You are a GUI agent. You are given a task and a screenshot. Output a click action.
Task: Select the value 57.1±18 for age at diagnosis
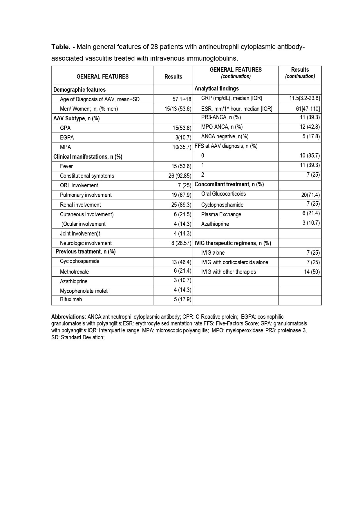pyautogui.click(x=182, y=99)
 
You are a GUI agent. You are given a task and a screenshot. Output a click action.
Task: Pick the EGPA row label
pyautogui.click(x=67, y=137)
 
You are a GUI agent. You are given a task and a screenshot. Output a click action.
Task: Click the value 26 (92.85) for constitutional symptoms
pyautogui.click(x=180, y=176)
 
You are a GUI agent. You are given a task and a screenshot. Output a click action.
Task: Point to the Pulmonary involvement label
pyautogui.click(x=86, y=195)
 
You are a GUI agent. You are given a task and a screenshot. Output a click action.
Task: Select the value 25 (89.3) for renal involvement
pyautogui.click(x=181, y=205)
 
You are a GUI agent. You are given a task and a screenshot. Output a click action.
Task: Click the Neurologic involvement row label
pyautogui.click(x=86, y=243)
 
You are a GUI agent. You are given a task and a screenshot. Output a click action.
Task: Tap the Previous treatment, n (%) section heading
pyautogui.click(x=86, y=251)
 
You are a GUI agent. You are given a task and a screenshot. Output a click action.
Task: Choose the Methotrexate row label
pyautogui.click(x=74, y=272)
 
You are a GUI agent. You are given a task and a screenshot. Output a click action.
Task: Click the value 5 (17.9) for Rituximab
pyautogui.click(x=182, y=299)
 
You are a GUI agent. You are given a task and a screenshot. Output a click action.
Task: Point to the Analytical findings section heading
pyautogui.click(x=217, y=88)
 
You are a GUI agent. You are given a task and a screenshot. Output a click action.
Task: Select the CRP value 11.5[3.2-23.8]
pyautogui.click(x=304, y=98)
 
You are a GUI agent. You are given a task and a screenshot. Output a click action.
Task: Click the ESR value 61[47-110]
pyautogui.click(x=306, y=109)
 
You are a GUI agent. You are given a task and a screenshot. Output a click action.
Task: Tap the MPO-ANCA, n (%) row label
pyautogui.click(x=222, y=127)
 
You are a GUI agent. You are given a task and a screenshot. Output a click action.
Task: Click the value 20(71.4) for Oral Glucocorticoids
pyautogui.click(x=310, y=195)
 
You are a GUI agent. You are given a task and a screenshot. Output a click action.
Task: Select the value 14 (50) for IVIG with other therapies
pyautogui.click(x=312, y=272)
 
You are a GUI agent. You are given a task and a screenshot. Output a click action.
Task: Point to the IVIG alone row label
pyautogui.click(x=213, y=253)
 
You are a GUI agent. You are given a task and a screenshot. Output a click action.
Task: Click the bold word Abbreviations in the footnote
pyautogui.click(x=68, y=317)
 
